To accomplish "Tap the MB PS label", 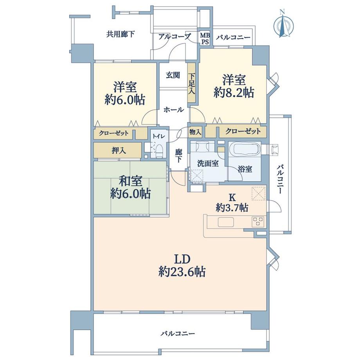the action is pos(205,39).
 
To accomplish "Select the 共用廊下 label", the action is pos(120,34).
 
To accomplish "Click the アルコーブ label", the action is pos(175,36).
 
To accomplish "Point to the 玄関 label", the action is pos(173,75).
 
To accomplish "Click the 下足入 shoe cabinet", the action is pos(191,83).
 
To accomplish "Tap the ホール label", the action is pos(174,110).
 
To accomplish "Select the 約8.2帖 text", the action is pos(234,93).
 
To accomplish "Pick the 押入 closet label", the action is pos(119,151).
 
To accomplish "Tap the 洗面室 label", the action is pos(208,164).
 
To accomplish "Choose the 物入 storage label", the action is pos(195,132).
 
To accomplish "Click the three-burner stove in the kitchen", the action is pos(258,221).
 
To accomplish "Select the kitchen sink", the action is pos(226,222).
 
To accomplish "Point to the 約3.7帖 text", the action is pos(232,208).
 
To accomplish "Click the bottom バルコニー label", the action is pos(178,333).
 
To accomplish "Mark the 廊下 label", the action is pos(178,156).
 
